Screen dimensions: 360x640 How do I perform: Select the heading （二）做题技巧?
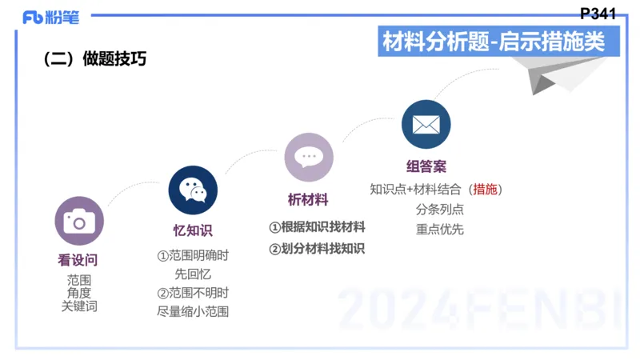[94, 59]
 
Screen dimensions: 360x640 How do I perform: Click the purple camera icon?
[79, 220]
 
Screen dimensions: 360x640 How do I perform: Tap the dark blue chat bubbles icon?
[193, 190]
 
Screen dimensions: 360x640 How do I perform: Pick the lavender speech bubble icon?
[308, 157]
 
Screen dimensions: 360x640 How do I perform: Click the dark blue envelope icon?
[426, 125]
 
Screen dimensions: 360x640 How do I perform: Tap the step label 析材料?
[308, 200]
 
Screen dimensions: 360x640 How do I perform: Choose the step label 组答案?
[426, 167]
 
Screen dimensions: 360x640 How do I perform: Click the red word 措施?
[485, 190]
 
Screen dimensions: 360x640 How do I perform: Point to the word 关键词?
[79, 306]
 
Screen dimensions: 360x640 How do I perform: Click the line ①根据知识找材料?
[317, 227]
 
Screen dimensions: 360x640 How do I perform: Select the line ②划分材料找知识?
[317, 249]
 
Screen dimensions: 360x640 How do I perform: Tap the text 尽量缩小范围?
[193, 311]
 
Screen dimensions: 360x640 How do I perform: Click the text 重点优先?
[439, 229]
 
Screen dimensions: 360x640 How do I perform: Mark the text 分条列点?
[439, 210]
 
